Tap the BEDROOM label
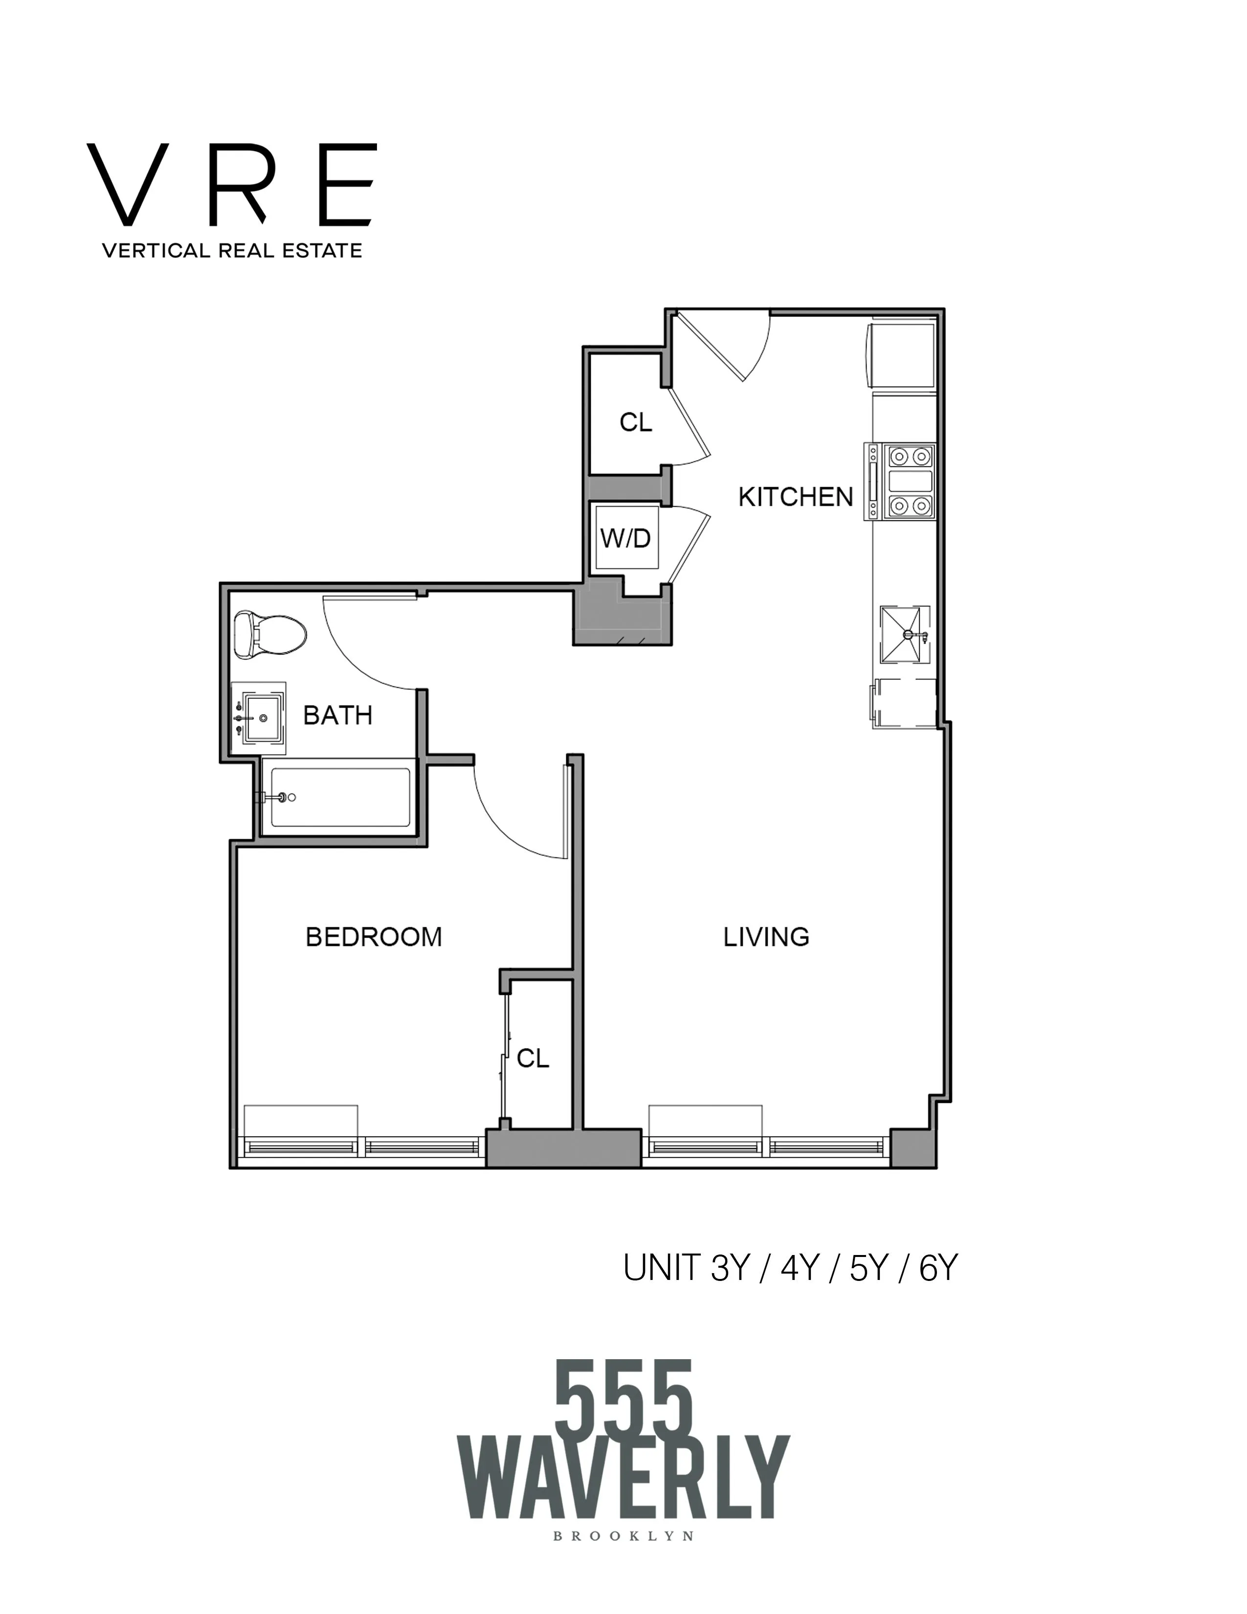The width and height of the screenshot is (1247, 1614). tap(374, 937)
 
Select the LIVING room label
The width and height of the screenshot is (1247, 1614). tap(766, 937)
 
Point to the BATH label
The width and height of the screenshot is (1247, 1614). tap(337, 716)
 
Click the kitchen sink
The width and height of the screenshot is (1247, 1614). tap(904, 634)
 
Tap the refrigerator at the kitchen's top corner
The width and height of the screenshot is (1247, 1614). tap(903, 353)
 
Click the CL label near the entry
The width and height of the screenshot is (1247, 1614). tap(635, 423)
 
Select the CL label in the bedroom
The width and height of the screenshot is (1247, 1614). tap(533, 1059)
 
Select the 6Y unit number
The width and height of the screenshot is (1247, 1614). tap(937, 1269)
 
